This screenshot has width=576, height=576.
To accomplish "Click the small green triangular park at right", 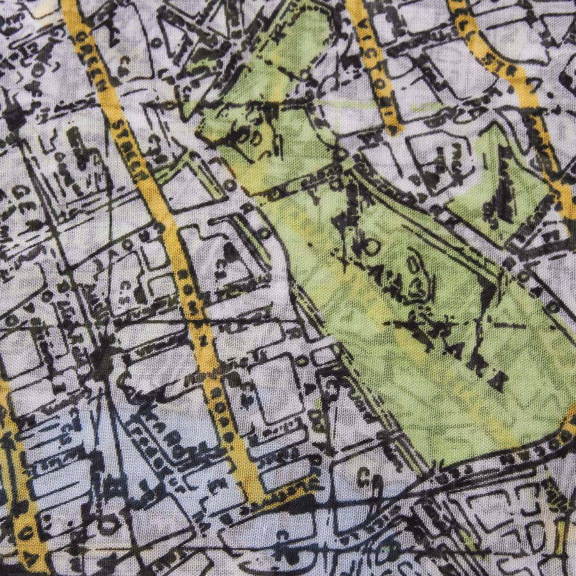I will point(506,186).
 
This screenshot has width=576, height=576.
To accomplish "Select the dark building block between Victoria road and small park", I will point(435,160).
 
